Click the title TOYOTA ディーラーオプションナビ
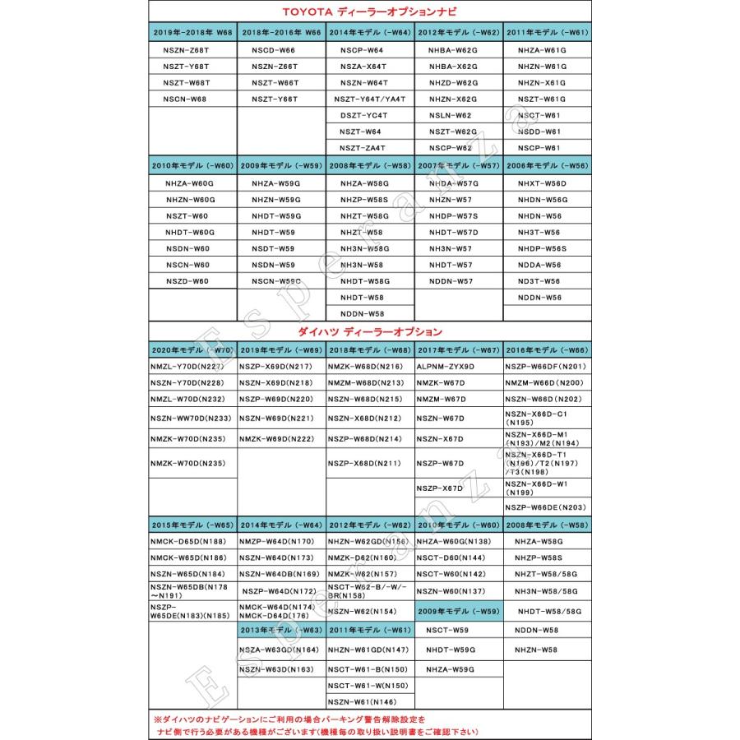click(x=370, y=12)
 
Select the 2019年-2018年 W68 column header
click(x=192, y=32)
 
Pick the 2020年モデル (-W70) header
click(x=192, y=349)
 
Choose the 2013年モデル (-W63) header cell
click(x=281, y=630)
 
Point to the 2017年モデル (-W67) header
click(x=459, y=349)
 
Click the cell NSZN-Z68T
click(x=187, y=50)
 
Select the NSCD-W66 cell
click(x=274, y=50)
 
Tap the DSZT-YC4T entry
click(x=363, y=115)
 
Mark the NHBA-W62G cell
click(x=453, y=50)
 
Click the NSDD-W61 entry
click(x=540, y=132)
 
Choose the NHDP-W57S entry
click(x=453, y=216)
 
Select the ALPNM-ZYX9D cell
click(x=446, y=367)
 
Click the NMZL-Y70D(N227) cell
click(x=187, y=367)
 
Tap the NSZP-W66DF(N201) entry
click(x=545, y=367)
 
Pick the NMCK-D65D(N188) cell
click(x=187, y=542)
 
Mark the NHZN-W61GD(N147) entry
click(x=368, y=650)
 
